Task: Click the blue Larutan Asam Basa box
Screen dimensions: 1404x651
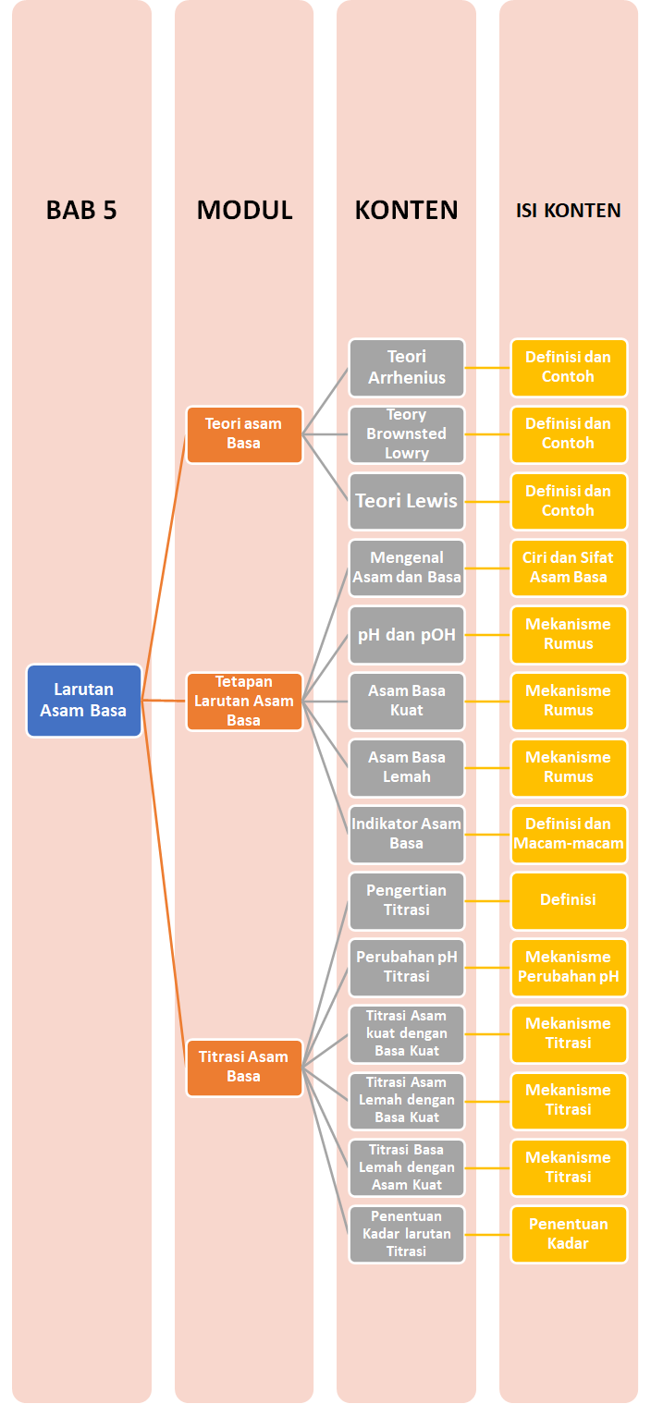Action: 83,700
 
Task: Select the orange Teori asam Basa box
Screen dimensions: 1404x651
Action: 244,433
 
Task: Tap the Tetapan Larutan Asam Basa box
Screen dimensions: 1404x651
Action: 244,701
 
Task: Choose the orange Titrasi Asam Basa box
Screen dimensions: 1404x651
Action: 244,1067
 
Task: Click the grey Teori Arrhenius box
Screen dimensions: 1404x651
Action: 407,367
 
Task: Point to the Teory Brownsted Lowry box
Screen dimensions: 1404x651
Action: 407,433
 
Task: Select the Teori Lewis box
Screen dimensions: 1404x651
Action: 407,501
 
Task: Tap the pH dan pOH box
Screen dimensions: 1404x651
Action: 407,635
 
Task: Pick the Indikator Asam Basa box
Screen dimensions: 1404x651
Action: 407,834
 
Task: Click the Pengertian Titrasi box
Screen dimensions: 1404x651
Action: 407,900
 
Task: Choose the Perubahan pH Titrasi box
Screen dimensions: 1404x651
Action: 407,967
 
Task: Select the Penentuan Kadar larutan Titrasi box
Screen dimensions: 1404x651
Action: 407,1234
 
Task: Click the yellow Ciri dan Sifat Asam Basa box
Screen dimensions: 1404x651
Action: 569,568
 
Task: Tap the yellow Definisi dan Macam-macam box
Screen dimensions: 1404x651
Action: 569,834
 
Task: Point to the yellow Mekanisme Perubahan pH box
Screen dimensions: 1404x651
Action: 569,967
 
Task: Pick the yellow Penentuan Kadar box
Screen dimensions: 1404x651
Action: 569,1234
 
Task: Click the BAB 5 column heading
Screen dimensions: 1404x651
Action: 82,211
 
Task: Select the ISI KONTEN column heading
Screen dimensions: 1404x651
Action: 568,211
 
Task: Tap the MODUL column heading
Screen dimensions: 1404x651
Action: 244,211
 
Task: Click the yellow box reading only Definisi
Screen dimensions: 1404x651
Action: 569,900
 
